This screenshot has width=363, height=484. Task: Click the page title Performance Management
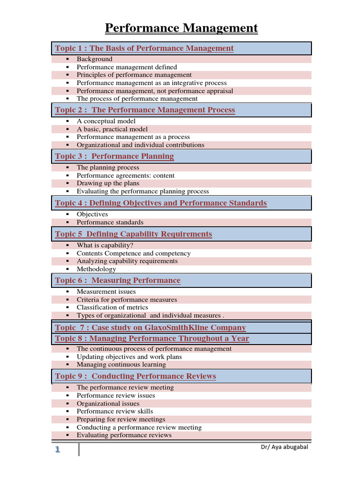(x=181, y=28)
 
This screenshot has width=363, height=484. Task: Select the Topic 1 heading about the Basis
(x=144, y=48)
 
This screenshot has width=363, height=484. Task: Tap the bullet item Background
(x=95, y=59)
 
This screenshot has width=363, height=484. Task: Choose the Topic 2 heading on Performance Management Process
(x=145, y=110)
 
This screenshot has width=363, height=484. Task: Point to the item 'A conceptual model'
(x=106, y=121)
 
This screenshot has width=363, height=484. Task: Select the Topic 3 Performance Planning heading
(x=114, y=156)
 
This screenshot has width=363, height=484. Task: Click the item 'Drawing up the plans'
(x=108, y=183)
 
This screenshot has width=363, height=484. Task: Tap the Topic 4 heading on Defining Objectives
(x=161, y=203)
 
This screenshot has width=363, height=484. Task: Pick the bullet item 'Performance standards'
(x=110, y=222)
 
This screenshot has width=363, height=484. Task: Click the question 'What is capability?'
(x=105, y=245)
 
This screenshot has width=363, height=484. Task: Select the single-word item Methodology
(x=96, y=269)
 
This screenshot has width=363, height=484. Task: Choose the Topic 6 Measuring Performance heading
(x=118, y=281)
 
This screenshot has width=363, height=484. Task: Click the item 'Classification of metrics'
(x=112, y=307)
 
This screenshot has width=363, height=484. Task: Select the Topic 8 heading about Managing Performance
(x=152, y=338)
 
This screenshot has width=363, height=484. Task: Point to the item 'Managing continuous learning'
(x=121, y=364)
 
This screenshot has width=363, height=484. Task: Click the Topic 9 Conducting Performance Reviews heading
(x=135, y=376)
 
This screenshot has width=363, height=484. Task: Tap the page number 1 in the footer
(x=57, y=449)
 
